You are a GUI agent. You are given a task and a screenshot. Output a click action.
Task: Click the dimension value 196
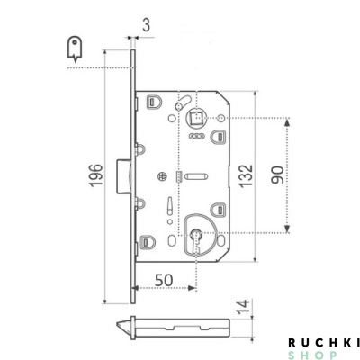[96, 175]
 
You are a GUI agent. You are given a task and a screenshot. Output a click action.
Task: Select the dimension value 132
[246, 175]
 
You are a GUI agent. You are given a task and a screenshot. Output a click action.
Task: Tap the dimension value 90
[277, 175]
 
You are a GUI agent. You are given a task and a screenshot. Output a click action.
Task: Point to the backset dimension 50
[164, 280]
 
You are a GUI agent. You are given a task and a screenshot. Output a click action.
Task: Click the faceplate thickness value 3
[146, 26]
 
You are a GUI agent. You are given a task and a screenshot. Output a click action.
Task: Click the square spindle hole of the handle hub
[196, 118]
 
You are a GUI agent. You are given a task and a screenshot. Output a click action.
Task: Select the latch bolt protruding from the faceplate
[123, 176]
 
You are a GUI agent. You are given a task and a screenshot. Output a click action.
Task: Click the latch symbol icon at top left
[75, 49]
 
